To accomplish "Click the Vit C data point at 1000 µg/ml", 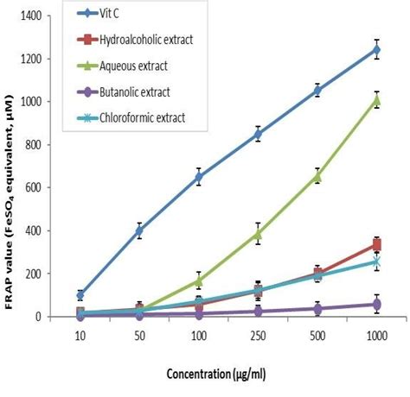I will pos(376,49).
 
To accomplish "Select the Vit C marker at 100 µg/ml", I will pos(199,177).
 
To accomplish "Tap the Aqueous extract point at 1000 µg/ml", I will pos(376,99).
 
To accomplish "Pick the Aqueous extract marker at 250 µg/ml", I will pos(258,233).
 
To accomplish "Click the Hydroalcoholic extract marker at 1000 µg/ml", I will pos(376,245).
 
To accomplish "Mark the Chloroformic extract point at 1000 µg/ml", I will pos(376,262).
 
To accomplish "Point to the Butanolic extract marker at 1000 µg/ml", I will pos(376,304).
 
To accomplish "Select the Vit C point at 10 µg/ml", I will pos(80,295).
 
